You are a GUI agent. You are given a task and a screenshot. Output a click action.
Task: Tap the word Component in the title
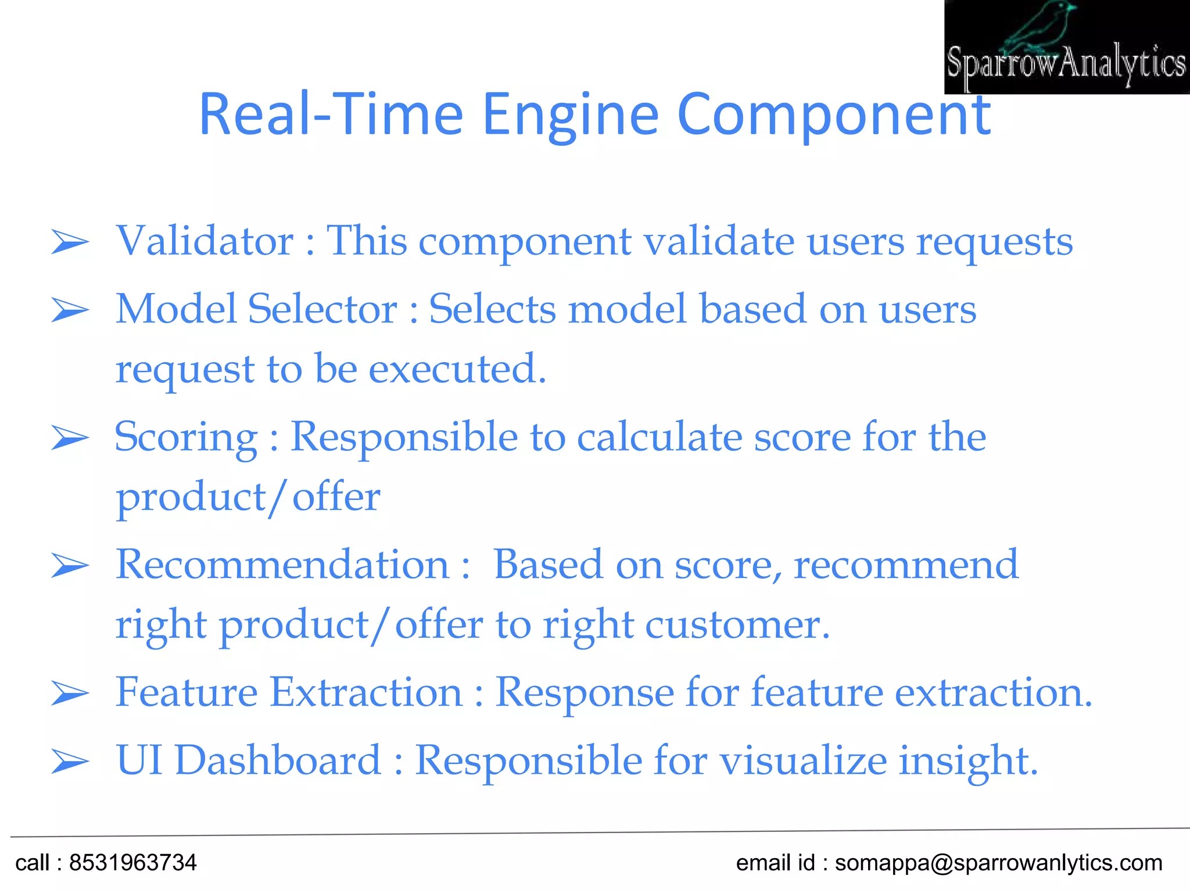pos(834,115)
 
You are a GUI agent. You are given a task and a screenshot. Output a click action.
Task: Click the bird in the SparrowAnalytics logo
pos(1040,26)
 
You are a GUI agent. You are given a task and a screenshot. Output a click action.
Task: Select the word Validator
pos(205,241)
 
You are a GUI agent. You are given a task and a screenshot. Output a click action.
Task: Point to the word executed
pos(457,369)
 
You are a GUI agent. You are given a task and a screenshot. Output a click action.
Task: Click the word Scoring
pos(186,437)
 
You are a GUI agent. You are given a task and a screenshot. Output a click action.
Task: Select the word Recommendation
pos(282,565)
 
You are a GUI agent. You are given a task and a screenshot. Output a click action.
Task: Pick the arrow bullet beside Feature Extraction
pos(70,693)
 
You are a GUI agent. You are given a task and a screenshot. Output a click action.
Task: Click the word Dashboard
pos(277,760)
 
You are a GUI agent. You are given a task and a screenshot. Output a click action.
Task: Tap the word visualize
pos(803,760)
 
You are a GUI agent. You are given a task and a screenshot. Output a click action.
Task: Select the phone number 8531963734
pos(133,863)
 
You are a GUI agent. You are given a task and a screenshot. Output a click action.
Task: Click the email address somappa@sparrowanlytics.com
pos(998,863)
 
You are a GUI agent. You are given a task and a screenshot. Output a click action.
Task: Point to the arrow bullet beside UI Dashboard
pos(70,761)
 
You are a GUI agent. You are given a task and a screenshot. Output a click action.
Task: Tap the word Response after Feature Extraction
pos(585,694)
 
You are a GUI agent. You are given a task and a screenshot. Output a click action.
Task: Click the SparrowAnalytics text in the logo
pos(1066,64)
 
